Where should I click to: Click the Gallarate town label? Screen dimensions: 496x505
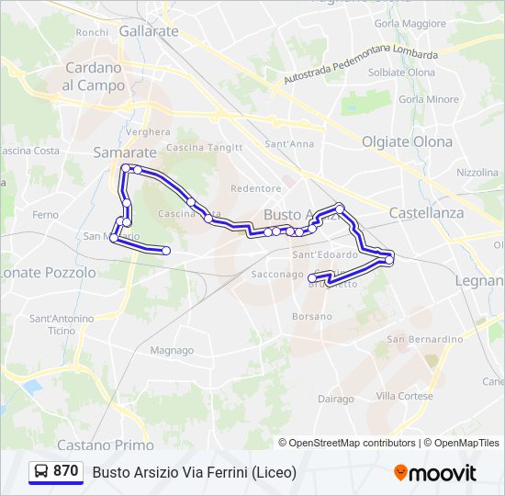coord(148,30)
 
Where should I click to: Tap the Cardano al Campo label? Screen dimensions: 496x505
coord(94,76)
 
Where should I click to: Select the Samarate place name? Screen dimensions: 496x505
coord(125,152)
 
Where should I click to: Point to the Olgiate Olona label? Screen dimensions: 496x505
coord(407,141)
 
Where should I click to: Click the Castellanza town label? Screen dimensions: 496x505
coord(426,212)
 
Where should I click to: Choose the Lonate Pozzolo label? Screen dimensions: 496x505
coord(49,273)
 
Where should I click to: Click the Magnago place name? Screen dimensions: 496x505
coord(172,350)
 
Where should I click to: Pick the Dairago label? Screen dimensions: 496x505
coord(335,399)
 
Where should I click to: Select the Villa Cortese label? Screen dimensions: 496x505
coord(404,396)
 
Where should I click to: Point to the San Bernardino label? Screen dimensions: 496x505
coord(424,339)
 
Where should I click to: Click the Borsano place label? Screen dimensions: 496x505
coord(311,316)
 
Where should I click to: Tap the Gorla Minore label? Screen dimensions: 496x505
coord(429,99)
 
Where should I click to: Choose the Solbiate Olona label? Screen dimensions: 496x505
coord(401,73)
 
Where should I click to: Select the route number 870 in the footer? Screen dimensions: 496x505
coord(65,471)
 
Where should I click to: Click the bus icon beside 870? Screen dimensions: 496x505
coord(41,471)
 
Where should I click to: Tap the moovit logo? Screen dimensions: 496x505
coord(435,473)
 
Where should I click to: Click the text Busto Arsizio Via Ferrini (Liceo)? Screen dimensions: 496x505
coord(194,472)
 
